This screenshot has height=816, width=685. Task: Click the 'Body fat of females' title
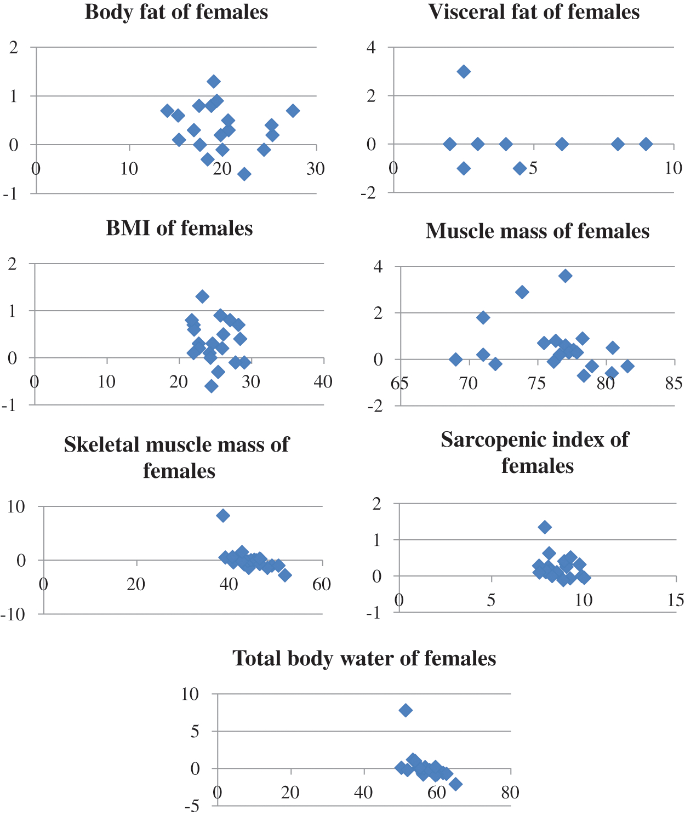[x=176, y=12]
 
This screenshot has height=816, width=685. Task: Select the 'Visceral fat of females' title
[x=534, y=12]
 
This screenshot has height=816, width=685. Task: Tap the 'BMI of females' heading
[x=179, y=228]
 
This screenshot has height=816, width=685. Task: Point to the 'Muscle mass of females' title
[x=537, y=231]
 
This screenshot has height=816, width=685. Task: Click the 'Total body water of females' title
[x=364, y=658]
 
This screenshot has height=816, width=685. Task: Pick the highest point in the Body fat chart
[x=214, y=82]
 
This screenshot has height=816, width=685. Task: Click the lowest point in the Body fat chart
[x=244, y=174]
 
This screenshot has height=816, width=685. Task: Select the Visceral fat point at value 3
[x=464, y=71]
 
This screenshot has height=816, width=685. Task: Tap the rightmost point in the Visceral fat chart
[x=646, y=144]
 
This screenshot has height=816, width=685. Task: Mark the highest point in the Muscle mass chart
[x=566, y=276]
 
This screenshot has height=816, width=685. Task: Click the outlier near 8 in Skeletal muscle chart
[x=223, y=515]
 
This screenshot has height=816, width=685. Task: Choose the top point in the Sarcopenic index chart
[x=544, y=527]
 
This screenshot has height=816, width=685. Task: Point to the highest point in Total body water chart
[x=406, y=710]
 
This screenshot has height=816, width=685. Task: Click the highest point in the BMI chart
[x=202, y=296]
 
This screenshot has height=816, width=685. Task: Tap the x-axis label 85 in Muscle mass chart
[x=673, y=383]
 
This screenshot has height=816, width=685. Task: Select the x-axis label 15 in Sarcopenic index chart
[x=676, y=601]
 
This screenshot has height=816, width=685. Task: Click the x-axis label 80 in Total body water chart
[x=510, y=792]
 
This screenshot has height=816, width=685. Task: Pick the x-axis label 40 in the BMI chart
[x=323, y=381]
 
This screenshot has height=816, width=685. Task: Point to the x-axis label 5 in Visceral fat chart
[x=533, y=168]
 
